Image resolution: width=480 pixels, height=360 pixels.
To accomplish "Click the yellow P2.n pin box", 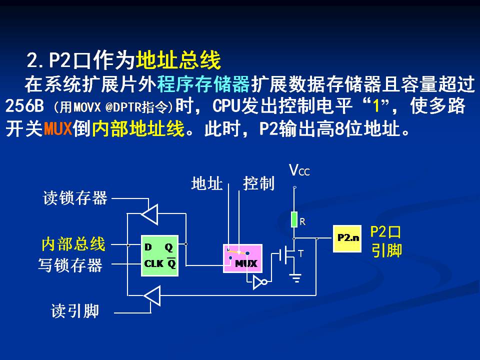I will [347, 238].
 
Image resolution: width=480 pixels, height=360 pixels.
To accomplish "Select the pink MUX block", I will [242, 258].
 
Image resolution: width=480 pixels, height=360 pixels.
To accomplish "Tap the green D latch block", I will [159, 255].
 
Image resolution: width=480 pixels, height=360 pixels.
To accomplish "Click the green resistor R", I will [294, 219].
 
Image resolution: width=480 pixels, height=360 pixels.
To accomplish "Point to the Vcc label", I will [299, 171].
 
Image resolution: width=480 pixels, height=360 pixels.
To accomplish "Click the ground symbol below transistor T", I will [297, 278].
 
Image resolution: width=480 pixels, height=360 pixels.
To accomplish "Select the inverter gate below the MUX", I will [259, 283].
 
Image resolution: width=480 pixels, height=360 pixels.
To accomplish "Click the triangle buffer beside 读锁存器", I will [149, 214].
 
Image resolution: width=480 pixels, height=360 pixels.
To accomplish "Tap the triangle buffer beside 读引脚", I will [151, 295].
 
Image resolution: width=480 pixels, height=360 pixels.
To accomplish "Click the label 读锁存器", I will [75, 198].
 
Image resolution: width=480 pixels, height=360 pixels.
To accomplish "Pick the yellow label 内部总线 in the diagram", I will [73, 244].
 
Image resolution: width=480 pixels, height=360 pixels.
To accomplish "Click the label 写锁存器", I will [70, 265].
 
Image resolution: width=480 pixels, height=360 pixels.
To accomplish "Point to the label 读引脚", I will [75, 311].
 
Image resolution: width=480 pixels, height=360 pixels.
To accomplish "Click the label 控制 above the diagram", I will [258, 183].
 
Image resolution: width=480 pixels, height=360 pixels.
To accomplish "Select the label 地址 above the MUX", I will [206, 184].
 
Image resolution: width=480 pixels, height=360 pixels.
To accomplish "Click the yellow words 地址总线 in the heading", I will [178, 61].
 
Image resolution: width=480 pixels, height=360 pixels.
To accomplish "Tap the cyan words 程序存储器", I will [203, 84].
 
